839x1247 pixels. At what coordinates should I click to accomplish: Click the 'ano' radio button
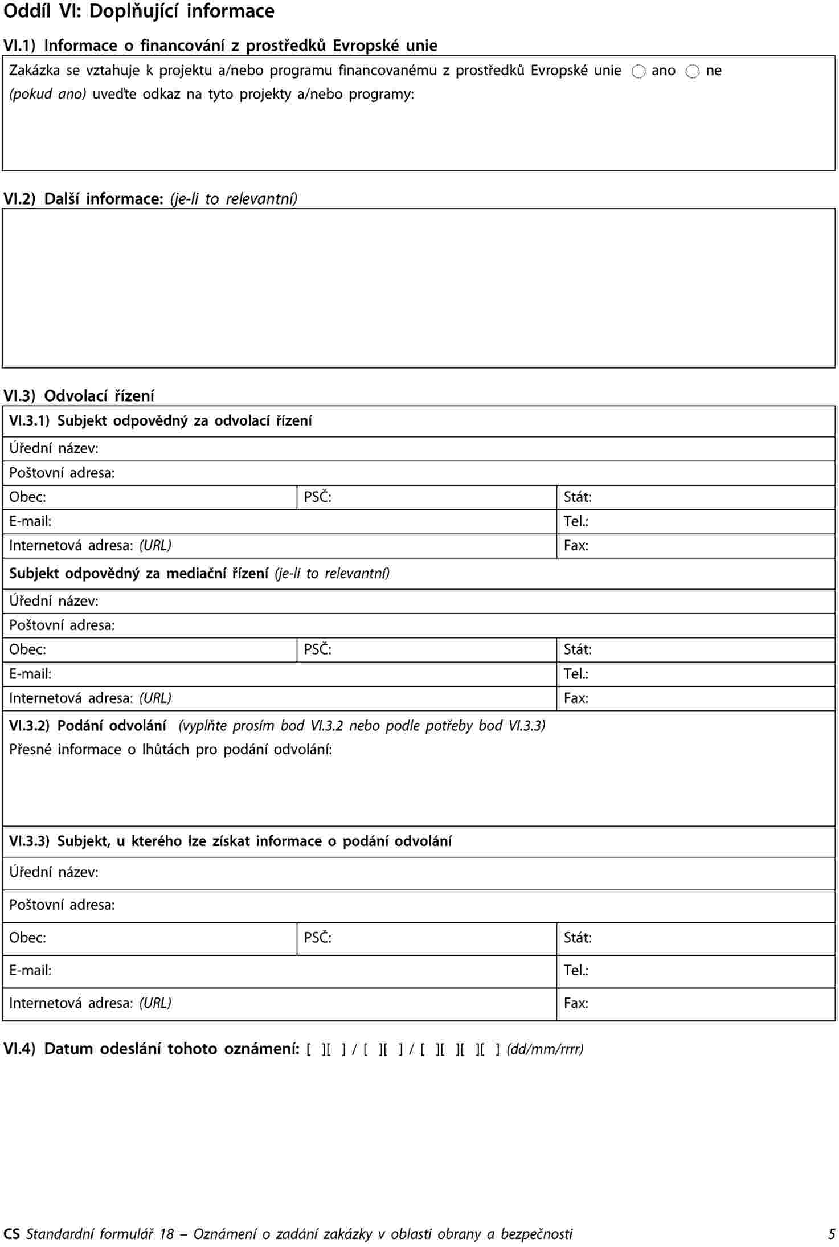tap(639, 72)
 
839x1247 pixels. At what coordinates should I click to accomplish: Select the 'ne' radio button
tap(692, 72)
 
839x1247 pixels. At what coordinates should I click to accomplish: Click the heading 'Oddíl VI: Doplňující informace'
tap(139, 11)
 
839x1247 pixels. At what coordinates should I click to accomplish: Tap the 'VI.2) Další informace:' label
tap(84, 199)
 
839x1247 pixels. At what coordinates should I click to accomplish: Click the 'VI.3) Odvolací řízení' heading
tap(79, 395)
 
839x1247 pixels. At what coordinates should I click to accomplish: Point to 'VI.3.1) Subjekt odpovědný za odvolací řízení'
tap(161, 421)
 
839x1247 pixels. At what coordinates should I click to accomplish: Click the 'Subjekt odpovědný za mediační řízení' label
tap(138, 573)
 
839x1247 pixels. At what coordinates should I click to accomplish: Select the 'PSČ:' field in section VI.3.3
tap(426, 938)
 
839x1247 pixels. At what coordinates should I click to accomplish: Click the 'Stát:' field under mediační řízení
tap(695, 649)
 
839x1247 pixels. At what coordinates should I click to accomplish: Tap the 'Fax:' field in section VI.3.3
tap(695, 1003)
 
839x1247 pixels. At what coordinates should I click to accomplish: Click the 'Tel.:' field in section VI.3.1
tap(695, 521)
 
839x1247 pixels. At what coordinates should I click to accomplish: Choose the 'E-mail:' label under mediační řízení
tap(30, 674)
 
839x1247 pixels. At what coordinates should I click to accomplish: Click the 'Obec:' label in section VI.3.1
tap(27, 497)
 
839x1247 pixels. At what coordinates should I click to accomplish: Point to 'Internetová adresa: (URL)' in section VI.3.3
tap(90, 1003)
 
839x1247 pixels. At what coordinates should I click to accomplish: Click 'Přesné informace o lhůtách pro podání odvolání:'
tap(170, 749)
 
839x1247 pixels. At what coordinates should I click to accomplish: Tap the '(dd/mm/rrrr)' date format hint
tap(545, 1049)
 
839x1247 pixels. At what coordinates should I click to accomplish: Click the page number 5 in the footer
tap(832, 1234)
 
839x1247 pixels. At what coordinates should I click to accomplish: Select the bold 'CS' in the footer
tap(11, 1234)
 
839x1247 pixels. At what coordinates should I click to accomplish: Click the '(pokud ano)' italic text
tap(48, 94)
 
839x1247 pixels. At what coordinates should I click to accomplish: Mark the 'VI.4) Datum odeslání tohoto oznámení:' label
tap(152, 1049)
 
